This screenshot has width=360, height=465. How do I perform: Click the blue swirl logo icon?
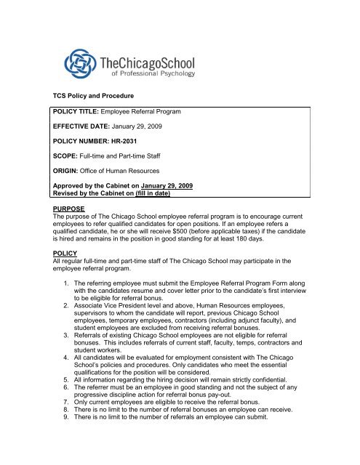[x=82, y=62]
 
